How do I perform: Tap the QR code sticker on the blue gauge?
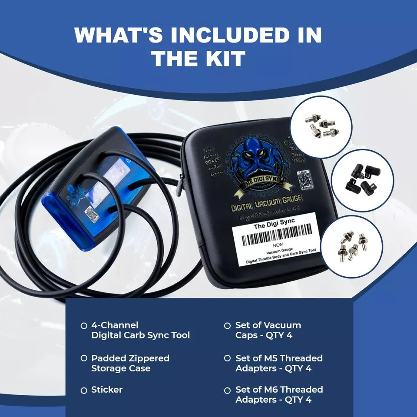coord(92,214)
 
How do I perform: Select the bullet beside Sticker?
coord(84,391)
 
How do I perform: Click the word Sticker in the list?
coord(107,390)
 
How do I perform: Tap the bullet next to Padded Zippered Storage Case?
coord(84,358)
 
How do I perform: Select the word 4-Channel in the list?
coord(115,325)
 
